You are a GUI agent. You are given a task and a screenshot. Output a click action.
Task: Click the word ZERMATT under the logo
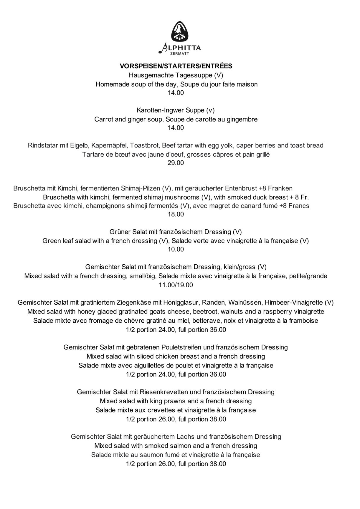(180, 54)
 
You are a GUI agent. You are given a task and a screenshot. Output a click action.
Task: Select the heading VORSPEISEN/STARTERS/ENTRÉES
(176, 66)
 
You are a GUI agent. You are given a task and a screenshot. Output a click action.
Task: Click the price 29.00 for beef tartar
(176, 163)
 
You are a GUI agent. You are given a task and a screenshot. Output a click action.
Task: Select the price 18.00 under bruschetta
(176, 214)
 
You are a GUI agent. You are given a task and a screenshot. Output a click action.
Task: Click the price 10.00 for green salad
(176, 249)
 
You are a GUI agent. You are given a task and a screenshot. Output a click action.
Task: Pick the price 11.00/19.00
(176, 285)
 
